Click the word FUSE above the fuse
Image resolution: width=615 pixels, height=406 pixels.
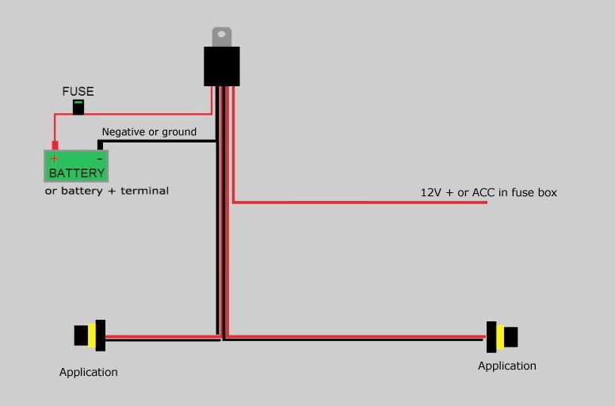[78, 92]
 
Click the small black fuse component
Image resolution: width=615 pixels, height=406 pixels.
[78, 107]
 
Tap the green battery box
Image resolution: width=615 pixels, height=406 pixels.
[75, 165]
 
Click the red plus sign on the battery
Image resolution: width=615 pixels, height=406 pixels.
[54, 158]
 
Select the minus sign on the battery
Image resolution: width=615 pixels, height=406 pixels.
[99, 158]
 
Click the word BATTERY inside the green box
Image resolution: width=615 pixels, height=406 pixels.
[76, 173]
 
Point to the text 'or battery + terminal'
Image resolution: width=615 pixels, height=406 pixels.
[106, 191]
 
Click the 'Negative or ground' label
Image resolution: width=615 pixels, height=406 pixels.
[149, 131]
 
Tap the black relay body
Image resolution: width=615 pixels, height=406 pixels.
[221, 66]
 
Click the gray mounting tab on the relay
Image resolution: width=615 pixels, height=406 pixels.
[221, 36]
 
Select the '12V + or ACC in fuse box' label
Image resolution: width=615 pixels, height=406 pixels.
[488, 192]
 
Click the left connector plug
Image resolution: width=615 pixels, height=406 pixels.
[90, 336]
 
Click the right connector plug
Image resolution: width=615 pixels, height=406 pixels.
[502, 336]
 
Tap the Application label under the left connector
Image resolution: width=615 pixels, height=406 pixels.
[88, 372]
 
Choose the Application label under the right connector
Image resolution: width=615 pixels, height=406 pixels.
[506, 366]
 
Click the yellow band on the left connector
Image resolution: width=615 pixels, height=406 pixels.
[93, 336]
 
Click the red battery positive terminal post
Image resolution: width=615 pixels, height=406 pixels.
[55, 146]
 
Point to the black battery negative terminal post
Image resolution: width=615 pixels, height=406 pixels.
[100, 145]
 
